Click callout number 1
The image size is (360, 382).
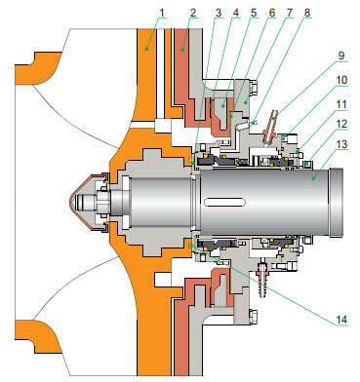[162, 13]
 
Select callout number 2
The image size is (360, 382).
[193, 13]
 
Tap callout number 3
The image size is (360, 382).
[219, 13]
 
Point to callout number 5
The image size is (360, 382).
[254, 13]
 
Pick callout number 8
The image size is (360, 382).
[306, 13]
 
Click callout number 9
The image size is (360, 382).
[341, 55]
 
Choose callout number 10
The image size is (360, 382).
[341, 80]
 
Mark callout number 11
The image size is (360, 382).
[341, 104]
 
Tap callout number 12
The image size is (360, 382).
[341, 124]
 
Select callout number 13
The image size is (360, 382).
[341, 144]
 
